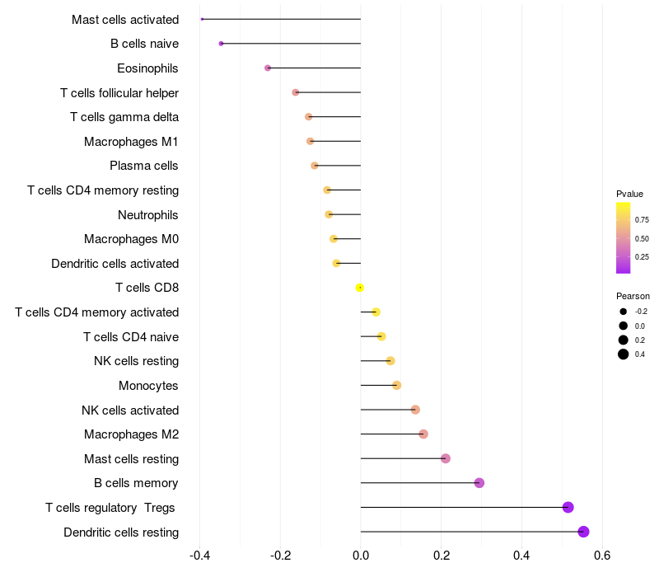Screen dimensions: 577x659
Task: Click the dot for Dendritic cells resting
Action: point(584,532)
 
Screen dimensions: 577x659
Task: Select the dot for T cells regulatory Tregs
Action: point(568,507)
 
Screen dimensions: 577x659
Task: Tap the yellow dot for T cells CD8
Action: point(360,288)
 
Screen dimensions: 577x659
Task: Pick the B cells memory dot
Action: point(479,483)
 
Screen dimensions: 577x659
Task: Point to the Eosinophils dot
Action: point(268,68)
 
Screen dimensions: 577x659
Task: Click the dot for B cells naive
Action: point(221,43)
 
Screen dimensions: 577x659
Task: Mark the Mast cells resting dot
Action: point(446,458)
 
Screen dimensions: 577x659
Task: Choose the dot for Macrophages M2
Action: point(423,434)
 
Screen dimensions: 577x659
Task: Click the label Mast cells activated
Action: point(125,19)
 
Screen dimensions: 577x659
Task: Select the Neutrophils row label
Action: point(148,215)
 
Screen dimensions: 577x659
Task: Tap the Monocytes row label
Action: point(148,386)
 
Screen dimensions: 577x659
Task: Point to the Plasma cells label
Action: point(144,166)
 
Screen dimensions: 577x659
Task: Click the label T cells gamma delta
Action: point(124,117)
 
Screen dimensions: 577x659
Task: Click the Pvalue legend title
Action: point(630,194)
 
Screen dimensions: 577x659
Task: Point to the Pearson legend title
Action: point(633,296)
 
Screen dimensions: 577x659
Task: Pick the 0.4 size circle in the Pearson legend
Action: point(624,354)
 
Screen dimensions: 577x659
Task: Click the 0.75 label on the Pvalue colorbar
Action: point(642,220)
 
